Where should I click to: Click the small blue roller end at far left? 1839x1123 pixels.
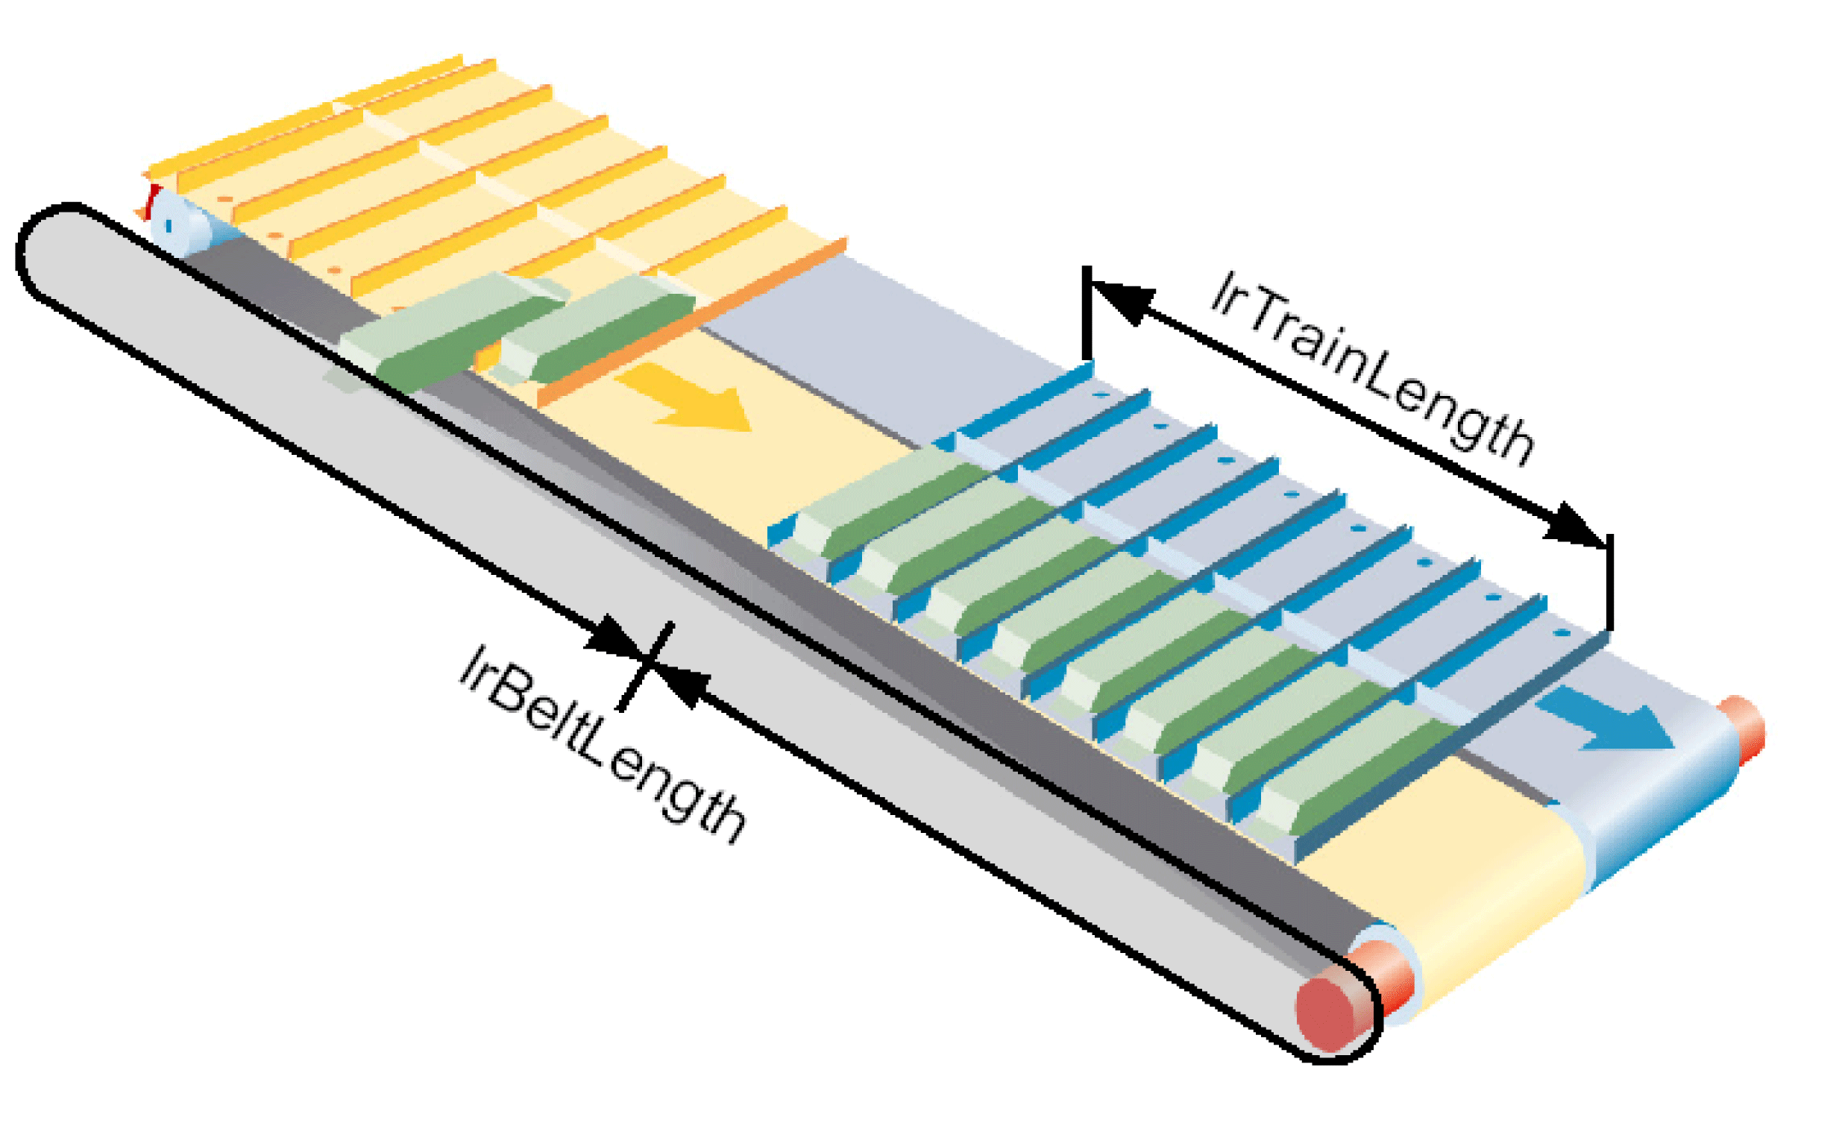[167, 224]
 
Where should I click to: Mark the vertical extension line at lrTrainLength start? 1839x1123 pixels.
[1087, 313]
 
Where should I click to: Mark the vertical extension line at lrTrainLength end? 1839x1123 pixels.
[1610, 582]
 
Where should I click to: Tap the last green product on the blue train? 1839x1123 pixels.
[1351, 776]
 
